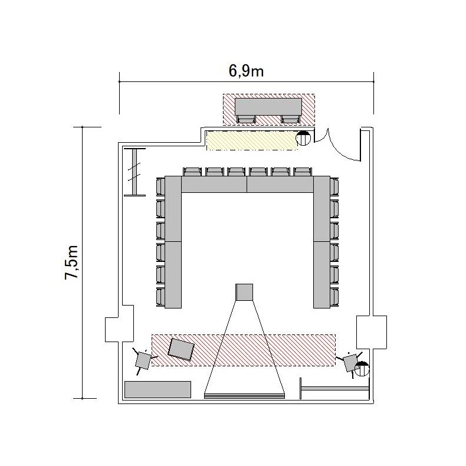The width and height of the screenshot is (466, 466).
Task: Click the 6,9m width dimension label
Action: point(246,71)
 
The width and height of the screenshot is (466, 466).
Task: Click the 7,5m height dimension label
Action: point(71,262)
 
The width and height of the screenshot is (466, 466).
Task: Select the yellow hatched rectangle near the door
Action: point(252,140)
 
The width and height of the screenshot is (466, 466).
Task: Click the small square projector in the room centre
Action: point(244,292)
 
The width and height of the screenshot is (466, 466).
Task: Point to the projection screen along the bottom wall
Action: point(244,396)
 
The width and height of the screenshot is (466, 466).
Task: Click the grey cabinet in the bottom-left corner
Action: point(157,389)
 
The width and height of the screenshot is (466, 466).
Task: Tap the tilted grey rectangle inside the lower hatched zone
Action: point(181,349)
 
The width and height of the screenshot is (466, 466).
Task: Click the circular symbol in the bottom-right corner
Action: point(362,369)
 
